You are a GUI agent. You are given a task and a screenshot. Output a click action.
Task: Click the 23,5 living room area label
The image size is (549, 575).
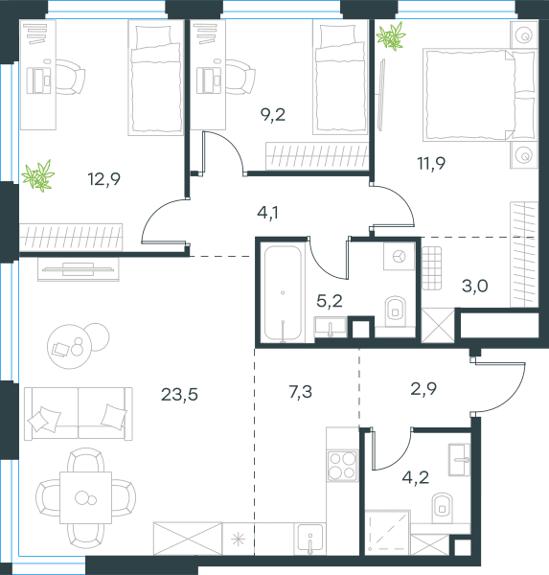click(179, 395)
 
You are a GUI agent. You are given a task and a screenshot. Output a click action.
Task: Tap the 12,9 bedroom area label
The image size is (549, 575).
click(104, 179)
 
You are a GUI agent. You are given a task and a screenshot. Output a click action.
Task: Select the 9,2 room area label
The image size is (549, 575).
click(273, 115)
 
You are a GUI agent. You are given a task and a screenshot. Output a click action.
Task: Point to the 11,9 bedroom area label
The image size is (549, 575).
click(431, 163)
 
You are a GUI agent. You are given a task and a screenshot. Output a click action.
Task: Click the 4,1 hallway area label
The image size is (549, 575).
click(267, 213)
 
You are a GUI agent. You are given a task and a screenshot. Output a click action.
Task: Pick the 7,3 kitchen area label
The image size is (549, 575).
click(300, 392)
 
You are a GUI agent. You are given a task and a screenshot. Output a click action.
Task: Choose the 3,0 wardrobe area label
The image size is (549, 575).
click(475, 286)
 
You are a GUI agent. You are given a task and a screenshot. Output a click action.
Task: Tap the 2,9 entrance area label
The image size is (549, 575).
click(423, 389)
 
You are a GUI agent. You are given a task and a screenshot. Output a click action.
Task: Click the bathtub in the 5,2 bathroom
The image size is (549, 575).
click(283, 292)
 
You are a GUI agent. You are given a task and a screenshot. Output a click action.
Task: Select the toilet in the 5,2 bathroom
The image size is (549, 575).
click(396, 310)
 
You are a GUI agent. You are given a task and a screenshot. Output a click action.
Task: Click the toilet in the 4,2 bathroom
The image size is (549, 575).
click(443, 507)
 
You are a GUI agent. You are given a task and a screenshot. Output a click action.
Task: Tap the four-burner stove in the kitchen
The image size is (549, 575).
click(343, 466)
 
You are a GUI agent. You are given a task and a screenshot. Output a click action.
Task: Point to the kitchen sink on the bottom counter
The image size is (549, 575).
click(309, 538)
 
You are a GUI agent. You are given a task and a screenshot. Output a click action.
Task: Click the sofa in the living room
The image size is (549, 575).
click(79, 413)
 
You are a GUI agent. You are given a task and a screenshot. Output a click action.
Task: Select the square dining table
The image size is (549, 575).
click(86, 497)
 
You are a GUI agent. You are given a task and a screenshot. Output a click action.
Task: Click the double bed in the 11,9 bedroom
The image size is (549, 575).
click(479, 95)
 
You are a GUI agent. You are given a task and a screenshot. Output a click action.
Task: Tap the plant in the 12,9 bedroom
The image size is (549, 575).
click(38, 176)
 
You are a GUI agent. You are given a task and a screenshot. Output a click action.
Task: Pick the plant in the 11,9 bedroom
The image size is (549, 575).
click(391, 36)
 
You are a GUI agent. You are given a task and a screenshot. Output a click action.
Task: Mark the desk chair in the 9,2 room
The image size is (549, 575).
click(240, 77)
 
